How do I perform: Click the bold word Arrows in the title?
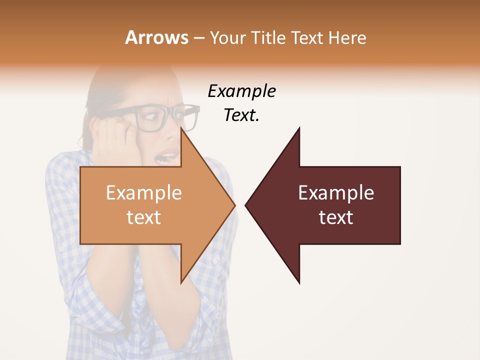(156, 37)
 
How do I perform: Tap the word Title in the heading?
(267, 37)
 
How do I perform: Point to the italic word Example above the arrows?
(241, 91)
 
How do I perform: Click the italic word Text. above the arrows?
(241, 115)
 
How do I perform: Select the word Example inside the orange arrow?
(144, 192)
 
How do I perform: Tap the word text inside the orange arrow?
(144, 217)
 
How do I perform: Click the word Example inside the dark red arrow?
(336, 192)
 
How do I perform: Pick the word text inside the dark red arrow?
(336, 217)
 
